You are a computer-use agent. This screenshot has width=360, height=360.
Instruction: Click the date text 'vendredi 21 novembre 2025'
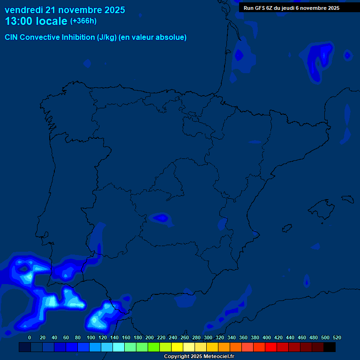click(x=65, y=10)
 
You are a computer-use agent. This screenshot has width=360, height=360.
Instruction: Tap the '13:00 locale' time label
click(x=36, y=21)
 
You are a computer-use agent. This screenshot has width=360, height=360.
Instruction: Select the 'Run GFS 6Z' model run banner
click(x=292, y=8)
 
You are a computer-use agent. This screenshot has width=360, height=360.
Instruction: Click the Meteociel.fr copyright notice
click(x=199, y=357)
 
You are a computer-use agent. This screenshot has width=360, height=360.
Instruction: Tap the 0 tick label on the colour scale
click(x=30, y=337)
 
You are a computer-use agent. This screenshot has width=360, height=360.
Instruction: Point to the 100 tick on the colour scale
click(x=91, y=337)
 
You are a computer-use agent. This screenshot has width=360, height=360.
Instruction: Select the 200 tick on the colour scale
click(x=150, y=337)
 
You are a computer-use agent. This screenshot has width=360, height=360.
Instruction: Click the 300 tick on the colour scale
click(x=208, y=337)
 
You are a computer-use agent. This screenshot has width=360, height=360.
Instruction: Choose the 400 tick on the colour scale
click(x=267, y=337)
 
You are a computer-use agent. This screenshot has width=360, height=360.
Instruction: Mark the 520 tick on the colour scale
click(x=337, y=337)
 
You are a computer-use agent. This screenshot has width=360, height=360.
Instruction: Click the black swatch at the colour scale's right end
click(x=330, y=347)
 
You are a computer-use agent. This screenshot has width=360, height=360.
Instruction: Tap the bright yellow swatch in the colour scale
click(x=177, y=347)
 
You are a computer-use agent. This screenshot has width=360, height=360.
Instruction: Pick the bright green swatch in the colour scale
click(x=153, y=347)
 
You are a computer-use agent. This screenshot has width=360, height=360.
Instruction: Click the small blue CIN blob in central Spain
click(x=161, y=217)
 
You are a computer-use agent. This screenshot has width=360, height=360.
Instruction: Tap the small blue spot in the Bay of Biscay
click(x=239, y=55)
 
